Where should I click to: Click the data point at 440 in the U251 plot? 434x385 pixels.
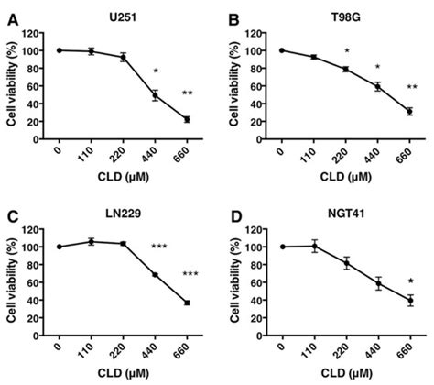click(156, 94)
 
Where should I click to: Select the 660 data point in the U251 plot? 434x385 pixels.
click(187, 119)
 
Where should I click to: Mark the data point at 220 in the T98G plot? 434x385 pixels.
click(345, 69)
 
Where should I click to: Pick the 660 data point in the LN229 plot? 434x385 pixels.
click(187, 302)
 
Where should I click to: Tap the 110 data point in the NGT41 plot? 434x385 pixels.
click(314, 246)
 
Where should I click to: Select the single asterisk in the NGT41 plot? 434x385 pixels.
click(409, 281)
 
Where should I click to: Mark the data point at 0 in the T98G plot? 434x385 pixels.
click(282, 50)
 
